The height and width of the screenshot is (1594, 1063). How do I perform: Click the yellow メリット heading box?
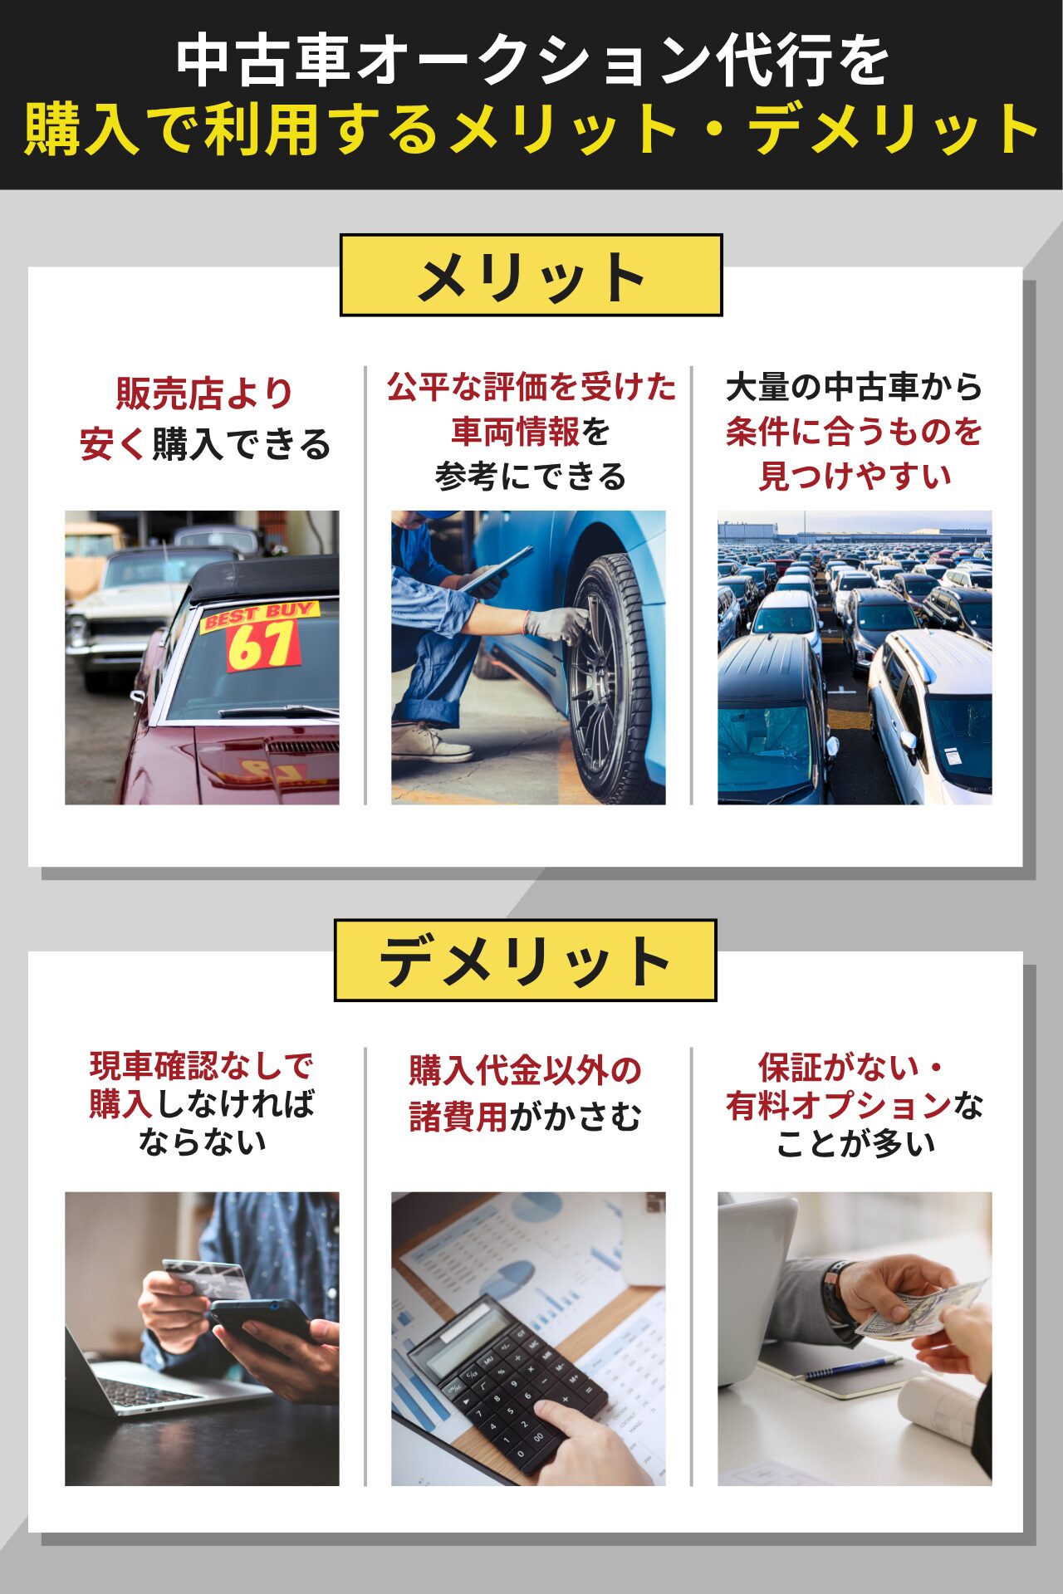click(531, 275)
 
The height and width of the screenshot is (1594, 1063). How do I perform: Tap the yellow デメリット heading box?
click(526, 960)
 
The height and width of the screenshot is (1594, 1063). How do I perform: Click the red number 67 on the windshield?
click(262, 645)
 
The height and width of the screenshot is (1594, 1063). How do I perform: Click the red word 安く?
click(114, 444)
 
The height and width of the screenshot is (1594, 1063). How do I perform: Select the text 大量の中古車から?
click(855, 387)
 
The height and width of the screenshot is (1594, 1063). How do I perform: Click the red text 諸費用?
click(458, 1117)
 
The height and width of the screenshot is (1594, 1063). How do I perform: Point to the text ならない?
click(203, 1142)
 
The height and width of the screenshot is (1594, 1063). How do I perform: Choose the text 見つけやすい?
click(855, 476)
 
